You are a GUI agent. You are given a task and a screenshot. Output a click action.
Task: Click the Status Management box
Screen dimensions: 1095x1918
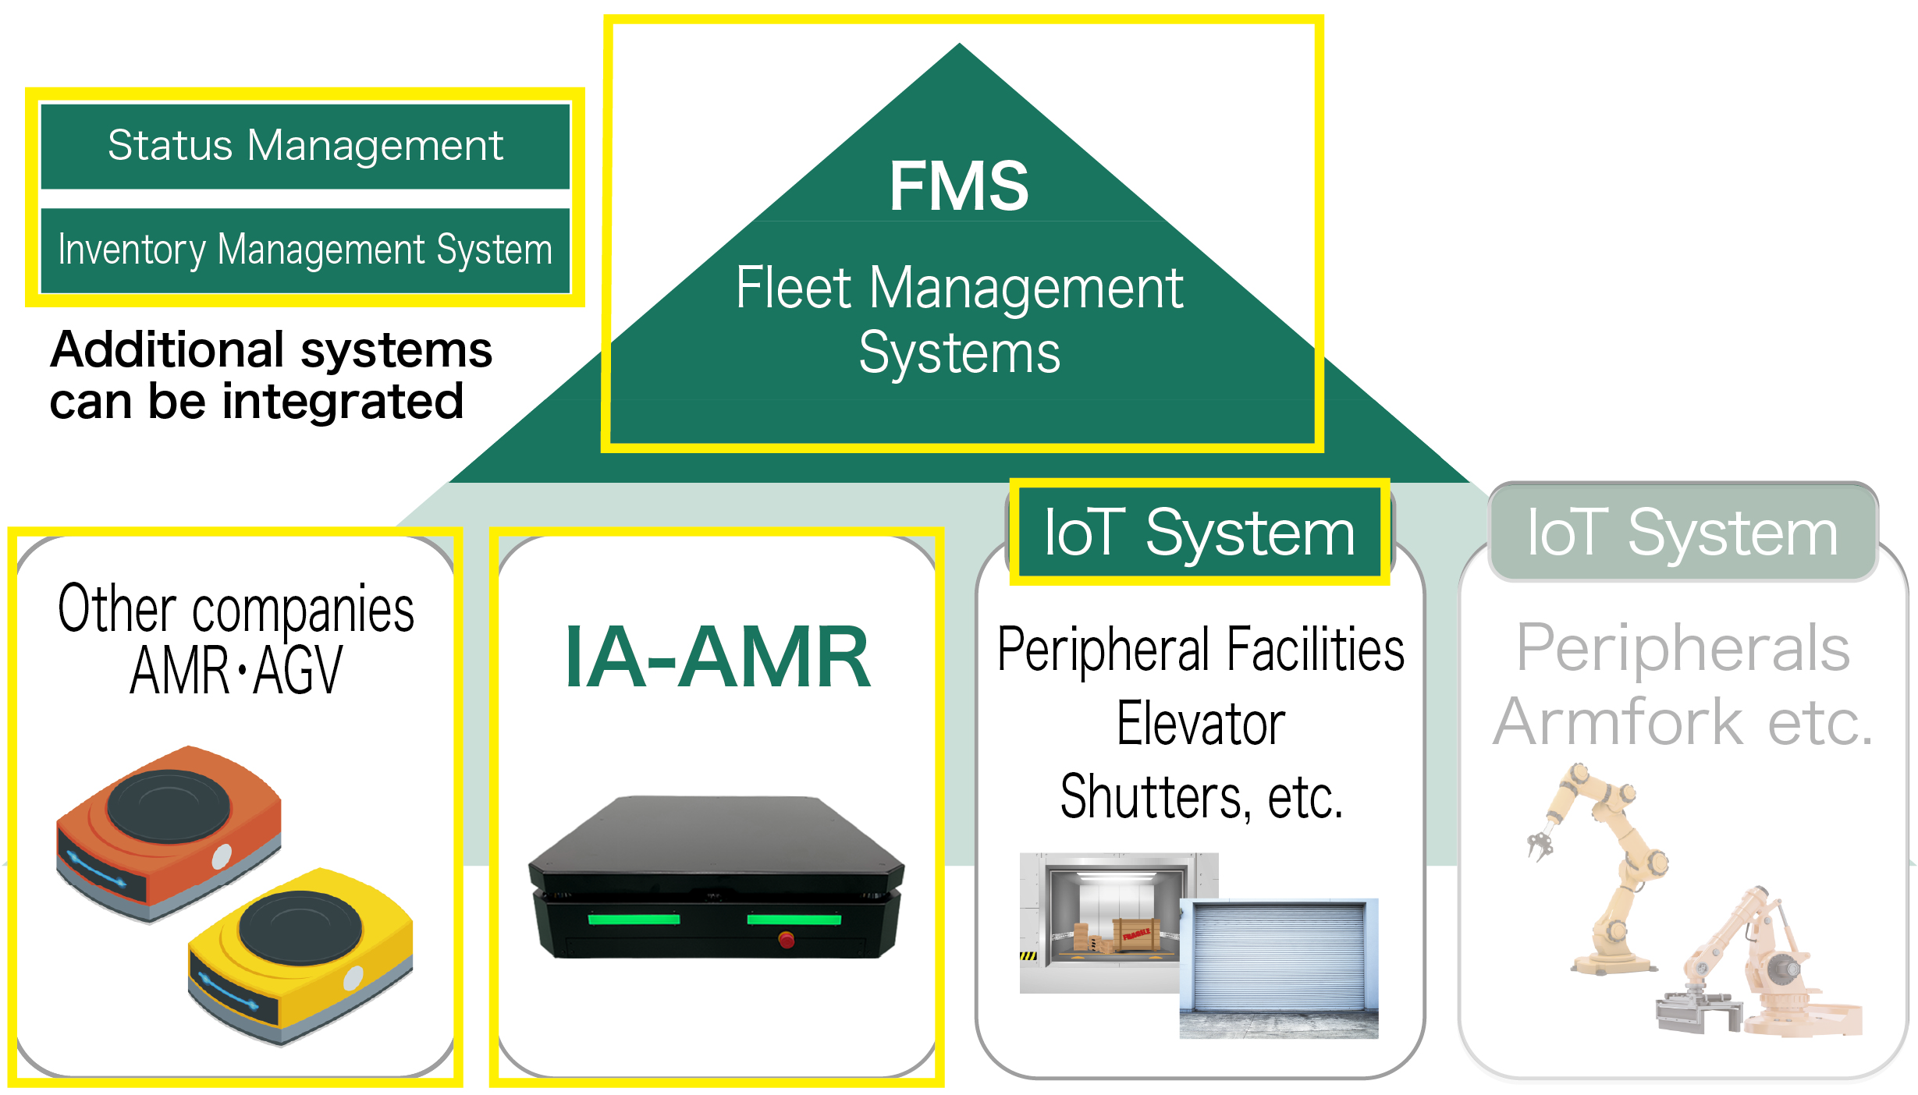pos(305,146)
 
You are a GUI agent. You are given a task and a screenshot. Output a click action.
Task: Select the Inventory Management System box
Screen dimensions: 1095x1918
pos(305,250)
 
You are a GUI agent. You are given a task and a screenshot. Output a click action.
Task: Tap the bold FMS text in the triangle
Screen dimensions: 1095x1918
pos(959,186)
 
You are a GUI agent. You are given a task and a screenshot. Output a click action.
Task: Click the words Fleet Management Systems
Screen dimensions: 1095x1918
pos(959,320)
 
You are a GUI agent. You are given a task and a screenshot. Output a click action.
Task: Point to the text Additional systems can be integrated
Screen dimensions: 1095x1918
pos(270,375)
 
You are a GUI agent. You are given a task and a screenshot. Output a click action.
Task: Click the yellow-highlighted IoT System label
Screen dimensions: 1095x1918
pos(1199,533)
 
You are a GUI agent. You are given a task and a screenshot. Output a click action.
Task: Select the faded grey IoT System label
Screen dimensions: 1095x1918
pos(1682,533)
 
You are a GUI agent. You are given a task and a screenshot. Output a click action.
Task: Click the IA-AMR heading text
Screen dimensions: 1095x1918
pos(717,657)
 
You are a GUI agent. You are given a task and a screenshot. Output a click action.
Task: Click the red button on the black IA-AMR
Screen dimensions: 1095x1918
pos(787,939)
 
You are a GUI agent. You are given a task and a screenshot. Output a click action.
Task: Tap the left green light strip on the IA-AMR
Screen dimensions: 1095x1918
pos(634,919)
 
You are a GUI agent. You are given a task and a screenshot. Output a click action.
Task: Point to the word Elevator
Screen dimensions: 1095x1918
pos(1200,724)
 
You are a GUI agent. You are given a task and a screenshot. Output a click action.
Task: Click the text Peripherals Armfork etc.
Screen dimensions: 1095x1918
pos(1682,685)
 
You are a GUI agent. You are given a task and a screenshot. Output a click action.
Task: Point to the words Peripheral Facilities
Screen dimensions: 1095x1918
pos(1200,650)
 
